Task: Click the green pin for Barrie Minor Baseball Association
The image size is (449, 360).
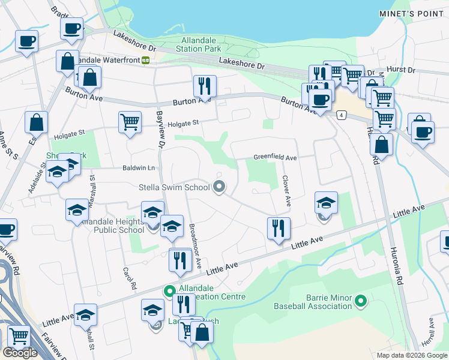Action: (x=361, y=300)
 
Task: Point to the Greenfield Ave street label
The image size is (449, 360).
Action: (x=275, y=158)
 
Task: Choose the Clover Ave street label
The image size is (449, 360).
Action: (x=286, y=190)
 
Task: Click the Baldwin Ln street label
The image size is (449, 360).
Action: (x=139, y=168)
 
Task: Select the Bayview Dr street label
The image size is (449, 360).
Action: (x=160, y=129)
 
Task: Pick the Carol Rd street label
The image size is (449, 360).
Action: (x=127, y=278)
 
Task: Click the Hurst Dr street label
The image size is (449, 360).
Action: (x=402, y=70)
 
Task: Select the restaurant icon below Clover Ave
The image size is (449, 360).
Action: (x=279, y=228)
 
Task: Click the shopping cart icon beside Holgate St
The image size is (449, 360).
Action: (x=130, y=122)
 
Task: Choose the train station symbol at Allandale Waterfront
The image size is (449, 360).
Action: (x=145, y=60)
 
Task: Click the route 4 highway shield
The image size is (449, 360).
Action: (x=341, y=114)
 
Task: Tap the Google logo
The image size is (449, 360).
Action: (x=20, y=353)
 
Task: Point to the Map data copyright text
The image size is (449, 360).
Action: (x=411, y=355)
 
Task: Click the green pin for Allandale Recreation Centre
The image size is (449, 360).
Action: (x=169, y=291)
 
